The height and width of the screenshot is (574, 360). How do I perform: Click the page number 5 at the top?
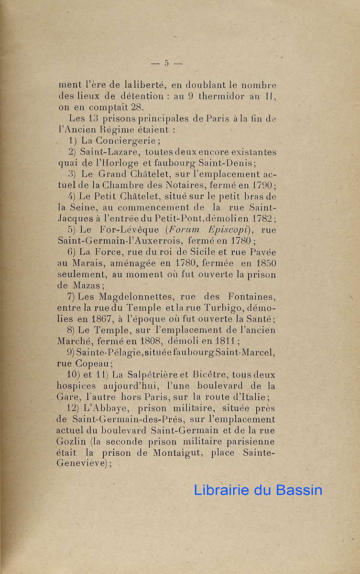(166, 63)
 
